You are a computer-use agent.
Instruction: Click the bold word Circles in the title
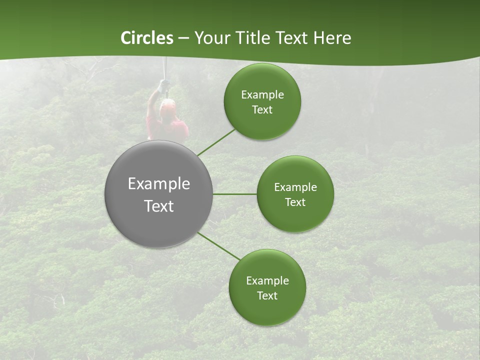tap(147, 38)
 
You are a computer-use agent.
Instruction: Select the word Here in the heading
tap(332, 38)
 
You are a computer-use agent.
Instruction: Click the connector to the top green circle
tap(216, 142)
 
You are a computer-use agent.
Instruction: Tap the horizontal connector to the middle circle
tap(234, 194)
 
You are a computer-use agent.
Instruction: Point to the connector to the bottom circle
tap(219, 246)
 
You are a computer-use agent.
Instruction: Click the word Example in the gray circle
tap(158, 183)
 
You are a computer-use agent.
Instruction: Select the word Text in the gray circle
tap(158, 206)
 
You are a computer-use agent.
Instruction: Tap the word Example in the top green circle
tap(262, 95)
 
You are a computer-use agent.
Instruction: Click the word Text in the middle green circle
tap(295, 202)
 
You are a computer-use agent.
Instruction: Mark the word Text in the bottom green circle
tap(267, 295)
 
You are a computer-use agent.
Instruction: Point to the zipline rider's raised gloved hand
tap(163, 86)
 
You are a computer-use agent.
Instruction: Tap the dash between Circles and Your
tap(183, 38)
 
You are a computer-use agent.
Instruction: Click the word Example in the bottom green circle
tap(267, 280)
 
